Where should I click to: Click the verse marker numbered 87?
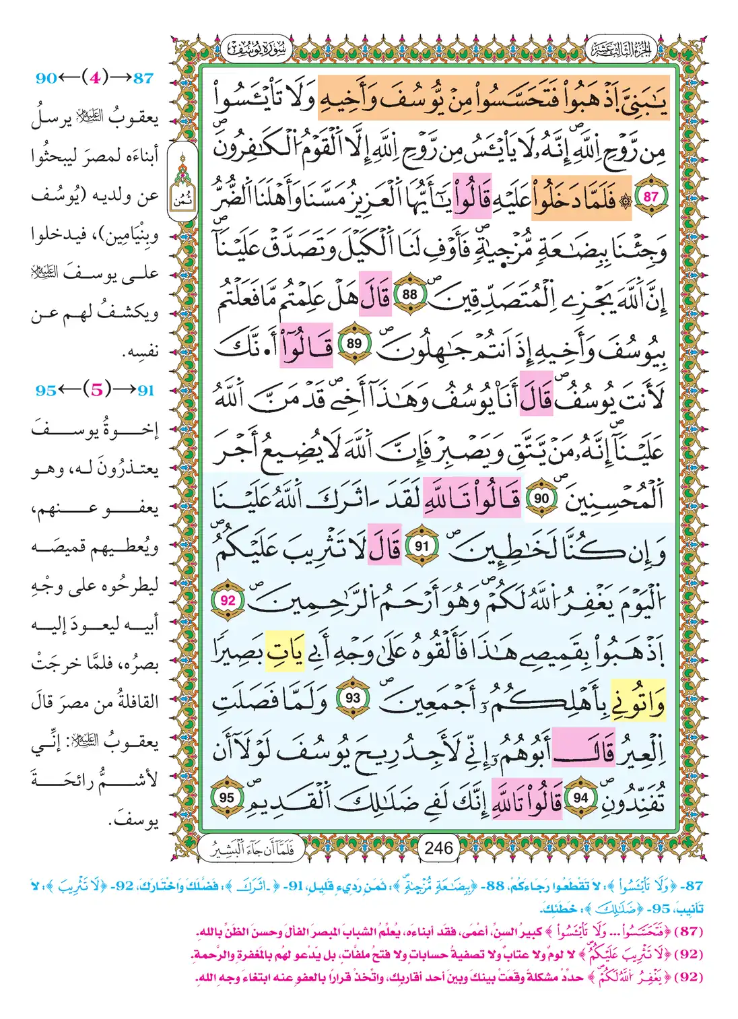650,197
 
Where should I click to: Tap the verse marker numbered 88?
409,294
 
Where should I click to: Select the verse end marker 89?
354,343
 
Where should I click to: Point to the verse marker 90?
541,498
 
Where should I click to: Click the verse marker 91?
421,546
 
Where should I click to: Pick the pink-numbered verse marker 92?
228,599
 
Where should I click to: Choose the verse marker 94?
580,798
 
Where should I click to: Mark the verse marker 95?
227,798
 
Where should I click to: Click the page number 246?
438,848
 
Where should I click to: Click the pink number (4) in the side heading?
94,77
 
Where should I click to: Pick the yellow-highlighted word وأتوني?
636,701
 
